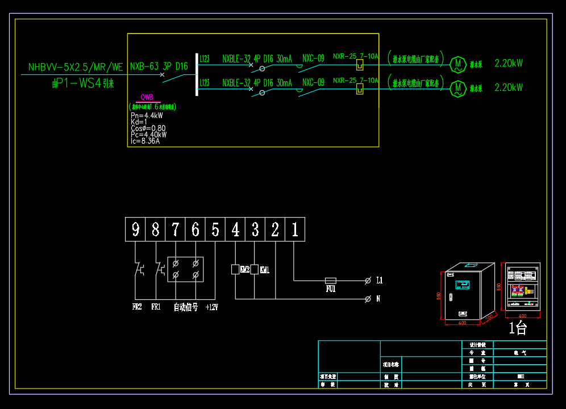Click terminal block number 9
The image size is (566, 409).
[x=135, y=229]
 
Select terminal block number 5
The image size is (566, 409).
[x=215, y=229]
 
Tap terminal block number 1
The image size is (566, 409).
[x=295, y=229]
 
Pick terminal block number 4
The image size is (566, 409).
[x=235, y=229]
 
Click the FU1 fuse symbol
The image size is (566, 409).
[x=330, y=280]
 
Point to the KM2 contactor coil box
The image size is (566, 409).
[x=235, y=269]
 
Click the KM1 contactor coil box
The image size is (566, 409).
[x=254, y=269]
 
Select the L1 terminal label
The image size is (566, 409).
[x=380, y=280]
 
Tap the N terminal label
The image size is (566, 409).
[x=378, y=299]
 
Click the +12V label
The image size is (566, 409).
[x=211, y=307]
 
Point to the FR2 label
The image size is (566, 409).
[x=137, y=307]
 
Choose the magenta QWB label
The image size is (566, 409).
[x=147, y=98]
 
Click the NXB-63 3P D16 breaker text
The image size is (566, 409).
[x=159, y=66]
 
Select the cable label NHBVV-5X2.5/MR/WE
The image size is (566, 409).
[x=76, y=68]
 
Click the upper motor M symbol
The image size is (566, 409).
[x=457, y=64]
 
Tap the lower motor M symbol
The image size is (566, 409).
[x=457, y=88]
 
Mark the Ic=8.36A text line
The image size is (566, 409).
[x=145, y=141]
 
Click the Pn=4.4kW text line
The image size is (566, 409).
[x=147, y=115]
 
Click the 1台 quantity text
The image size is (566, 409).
[x=518, y=328]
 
